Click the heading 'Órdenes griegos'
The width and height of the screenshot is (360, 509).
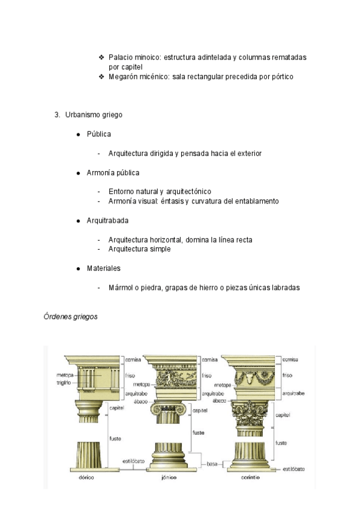point(71,316)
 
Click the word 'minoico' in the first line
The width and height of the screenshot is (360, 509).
point(148,58)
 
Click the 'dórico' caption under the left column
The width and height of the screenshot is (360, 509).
point(88,478)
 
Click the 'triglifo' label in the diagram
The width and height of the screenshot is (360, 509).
point(64,382)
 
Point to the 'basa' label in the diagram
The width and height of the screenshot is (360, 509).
point(212,463)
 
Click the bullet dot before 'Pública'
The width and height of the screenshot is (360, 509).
point(79,134)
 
